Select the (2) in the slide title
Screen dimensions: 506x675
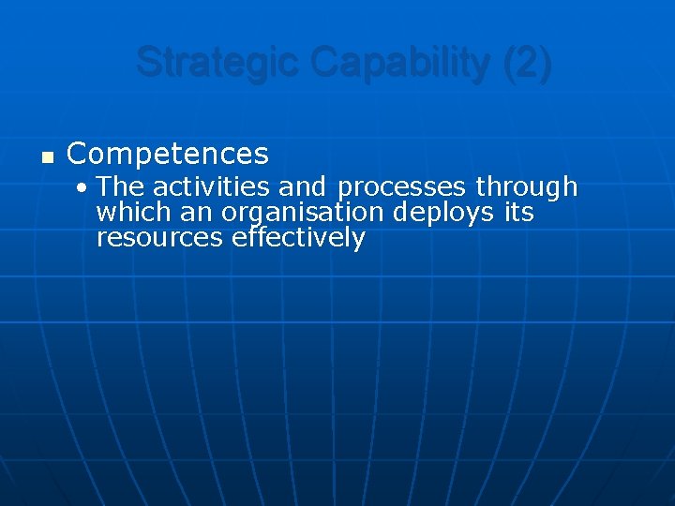[528, 63]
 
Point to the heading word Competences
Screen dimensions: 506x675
[168, 154]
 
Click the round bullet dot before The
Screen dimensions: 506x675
[84, 187]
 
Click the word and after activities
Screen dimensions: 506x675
[301, 186]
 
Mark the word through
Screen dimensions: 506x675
[526, 187]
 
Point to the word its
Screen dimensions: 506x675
[518, 213]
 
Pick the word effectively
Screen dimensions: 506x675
[298, 239]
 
